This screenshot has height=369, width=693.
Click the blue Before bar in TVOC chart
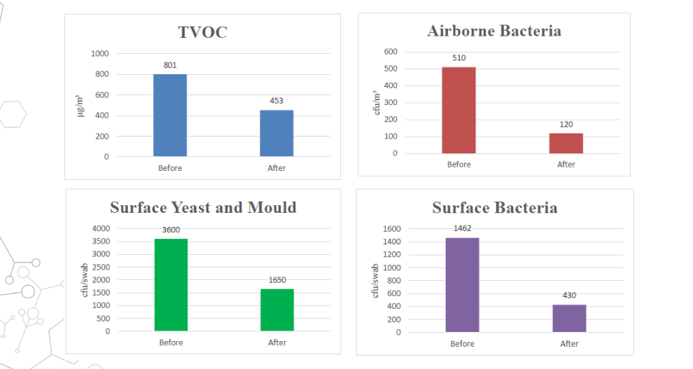170,115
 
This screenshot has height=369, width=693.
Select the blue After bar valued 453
276,133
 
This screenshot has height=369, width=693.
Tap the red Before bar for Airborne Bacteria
458,110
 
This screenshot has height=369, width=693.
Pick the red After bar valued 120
566,143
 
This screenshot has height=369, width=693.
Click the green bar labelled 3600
171,284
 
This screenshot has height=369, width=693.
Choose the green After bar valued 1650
277,309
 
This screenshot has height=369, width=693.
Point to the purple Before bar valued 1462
462,284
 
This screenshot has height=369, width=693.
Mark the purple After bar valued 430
569,318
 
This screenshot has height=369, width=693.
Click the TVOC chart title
203,32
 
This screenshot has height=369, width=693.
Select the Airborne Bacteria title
494,31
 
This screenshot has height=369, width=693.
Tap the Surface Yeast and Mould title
203,207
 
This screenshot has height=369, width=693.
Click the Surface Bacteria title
495,208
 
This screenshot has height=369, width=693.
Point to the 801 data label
170,65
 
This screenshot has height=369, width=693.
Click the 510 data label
458,58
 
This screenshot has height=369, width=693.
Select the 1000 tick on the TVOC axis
100,53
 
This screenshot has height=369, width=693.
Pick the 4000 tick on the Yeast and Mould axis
101,228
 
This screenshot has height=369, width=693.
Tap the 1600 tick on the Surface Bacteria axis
391,229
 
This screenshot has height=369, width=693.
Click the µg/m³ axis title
80,106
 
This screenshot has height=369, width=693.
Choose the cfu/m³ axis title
376,103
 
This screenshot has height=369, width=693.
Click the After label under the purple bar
569,344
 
